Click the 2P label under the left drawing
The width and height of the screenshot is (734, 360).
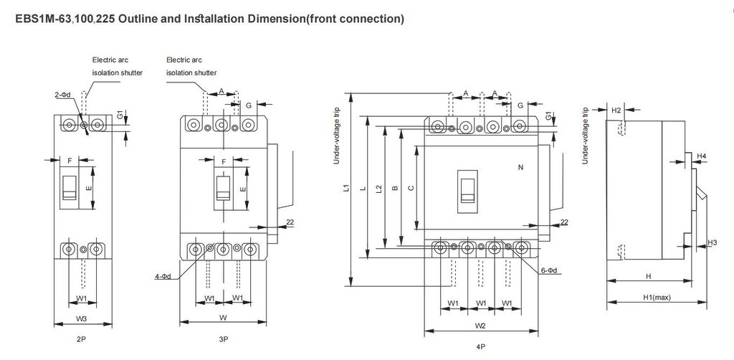(82, 336)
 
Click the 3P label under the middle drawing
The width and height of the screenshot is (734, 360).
(223, 337)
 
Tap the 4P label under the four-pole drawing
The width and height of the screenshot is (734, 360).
(482, 346)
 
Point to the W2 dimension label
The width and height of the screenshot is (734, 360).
(481, 326)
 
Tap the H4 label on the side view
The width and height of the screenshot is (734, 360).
(702, 156)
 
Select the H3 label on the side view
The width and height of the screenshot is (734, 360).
(711, 243)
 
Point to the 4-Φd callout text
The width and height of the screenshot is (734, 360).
(163, 275)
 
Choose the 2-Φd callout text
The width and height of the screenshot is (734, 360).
(62, 95)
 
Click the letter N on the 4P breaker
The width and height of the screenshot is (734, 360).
(520, 166)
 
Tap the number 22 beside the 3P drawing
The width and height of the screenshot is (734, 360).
(290, 222)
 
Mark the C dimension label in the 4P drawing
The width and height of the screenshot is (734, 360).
(410, 189)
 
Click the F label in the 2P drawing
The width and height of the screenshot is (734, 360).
(70, 161)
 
